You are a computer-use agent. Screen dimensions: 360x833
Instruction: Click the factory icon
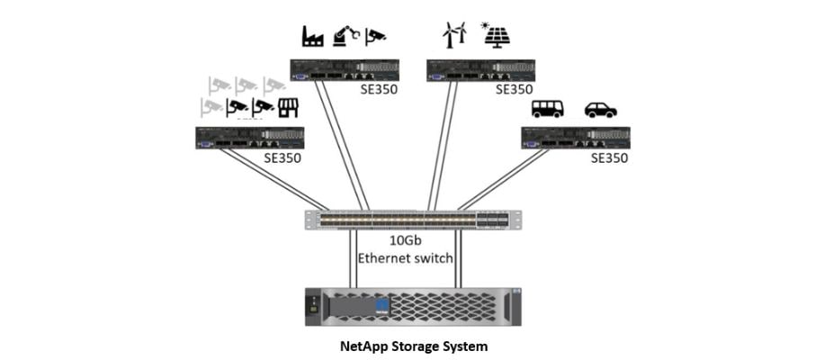pos(311,36)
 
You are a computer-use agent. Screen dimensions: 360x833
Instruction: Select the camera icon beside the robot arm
pos(375,36)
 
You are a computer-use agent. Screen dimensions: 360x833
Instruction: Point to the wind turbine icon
pos(453,34)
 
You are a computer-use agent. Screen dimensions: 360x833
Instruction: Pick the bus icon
pos(547,109)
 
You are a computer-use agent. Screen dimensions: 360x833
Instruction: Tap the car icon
pos(600,109)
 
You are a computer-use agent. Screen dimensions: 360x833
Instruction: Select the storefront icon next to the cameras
pos(288,108)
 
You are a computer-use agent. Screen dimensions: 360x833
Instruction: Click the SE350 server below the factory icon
pos(345,70)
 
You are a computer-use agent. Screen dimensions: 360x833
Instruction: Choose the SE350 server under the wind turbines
pos(480,70)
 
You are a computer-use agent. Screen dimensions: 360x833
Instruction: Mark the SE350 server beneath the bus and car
pos(576,138)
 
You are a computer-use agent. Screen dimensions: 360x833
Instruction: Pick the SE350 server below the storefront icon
pos(250,138)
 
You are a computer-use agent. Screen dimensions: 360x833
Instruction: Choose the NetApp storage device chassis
pos(414,307)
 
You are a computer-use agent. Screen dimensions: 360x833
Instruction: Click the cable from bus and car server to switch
pos(504,179)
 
